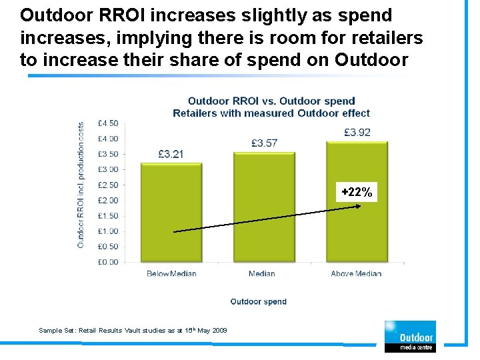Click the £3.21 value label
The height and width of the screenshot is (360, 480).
point(171,154)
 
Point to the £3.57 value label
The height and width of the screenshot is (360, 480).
point(265,143)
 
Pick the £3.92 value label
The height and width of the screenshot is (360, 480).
point(357,132)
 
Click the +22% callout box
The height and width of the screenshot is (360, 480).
point(357,192)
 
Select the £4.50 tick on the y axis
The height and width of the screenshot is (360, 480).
point(108,123)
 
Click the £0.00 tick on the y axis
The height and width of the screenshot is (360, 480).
point(108,262)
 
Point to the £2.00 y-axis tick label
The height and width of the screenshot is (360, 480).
point(108,200)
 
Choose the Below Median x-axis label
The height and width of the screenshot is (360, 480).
point(171,273)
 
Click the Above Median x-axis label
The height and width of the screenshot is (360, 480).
point(356,273)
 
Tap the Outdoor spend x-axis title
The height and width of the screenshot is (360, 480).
point(259,301)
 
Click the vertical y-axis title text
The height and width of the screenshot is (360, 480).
point(81,185)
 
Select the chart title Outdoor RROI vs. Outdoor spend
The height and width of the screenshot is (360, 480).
point(271,101)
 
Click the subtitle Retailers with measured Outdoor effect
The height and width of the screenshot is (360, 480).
point(271,113)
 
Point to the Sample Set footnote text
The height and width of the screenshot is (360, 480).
point(133,330)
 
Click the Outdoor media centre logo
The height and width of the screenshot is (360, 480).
point(409,336)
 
